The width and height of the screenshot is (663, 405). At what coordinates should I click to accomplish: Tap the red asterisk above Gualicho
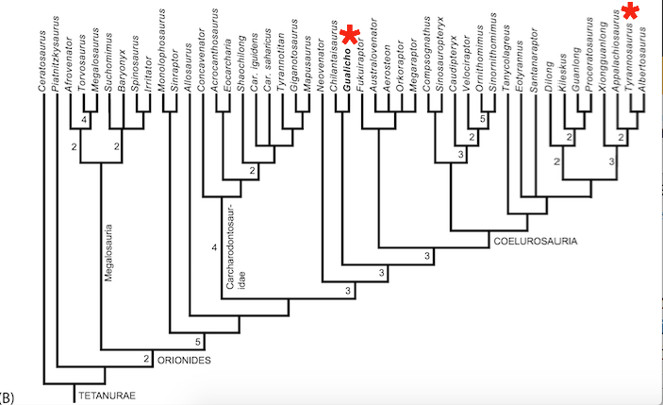pos(351,37)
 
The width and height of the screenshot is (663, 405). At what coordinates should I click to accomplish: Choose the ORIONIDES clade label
pos(185,360)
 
